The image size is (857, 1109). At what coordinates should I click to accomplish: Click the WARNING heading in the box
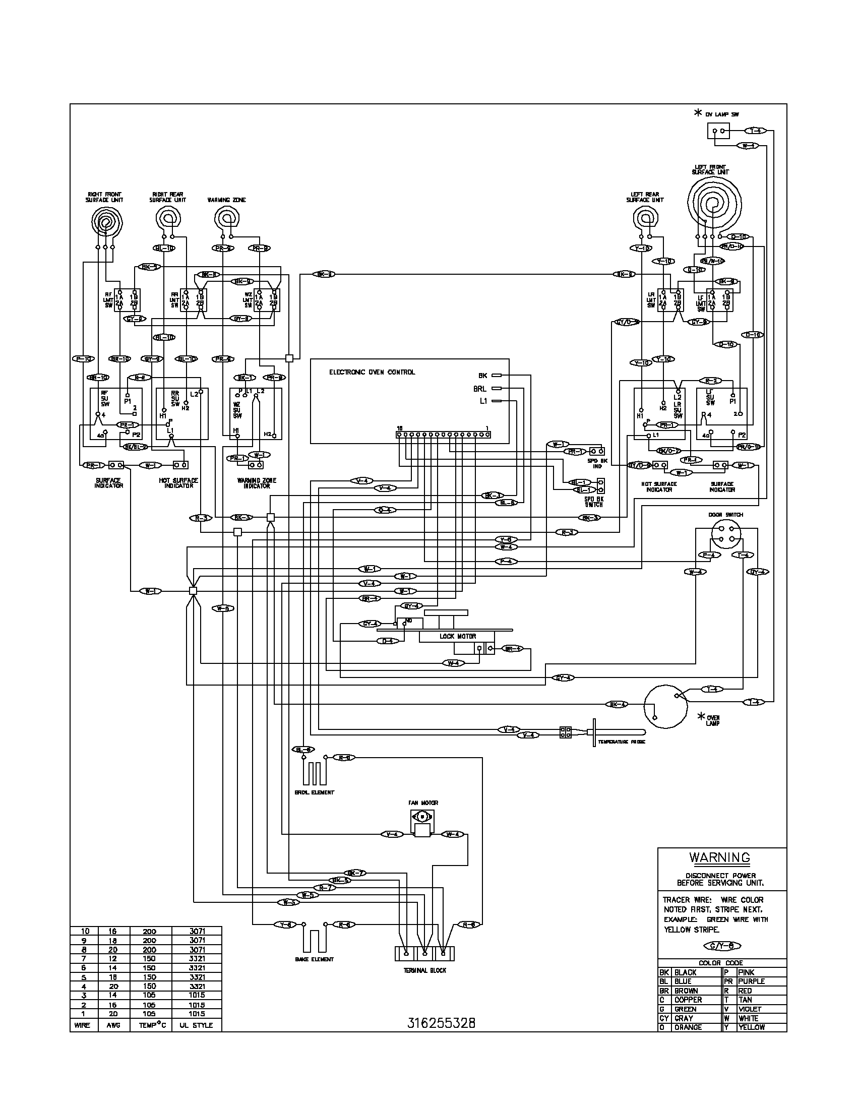[x=719, y=857]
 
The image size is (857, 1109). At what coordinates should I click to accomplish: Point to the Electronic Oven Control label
[x=372, y=372]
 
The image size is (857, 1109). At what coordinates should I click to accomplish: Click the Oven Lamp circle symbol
[x=665, y=706]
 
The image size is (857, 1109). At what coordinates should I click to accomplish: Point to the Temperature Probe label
[x=622, y=742]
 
